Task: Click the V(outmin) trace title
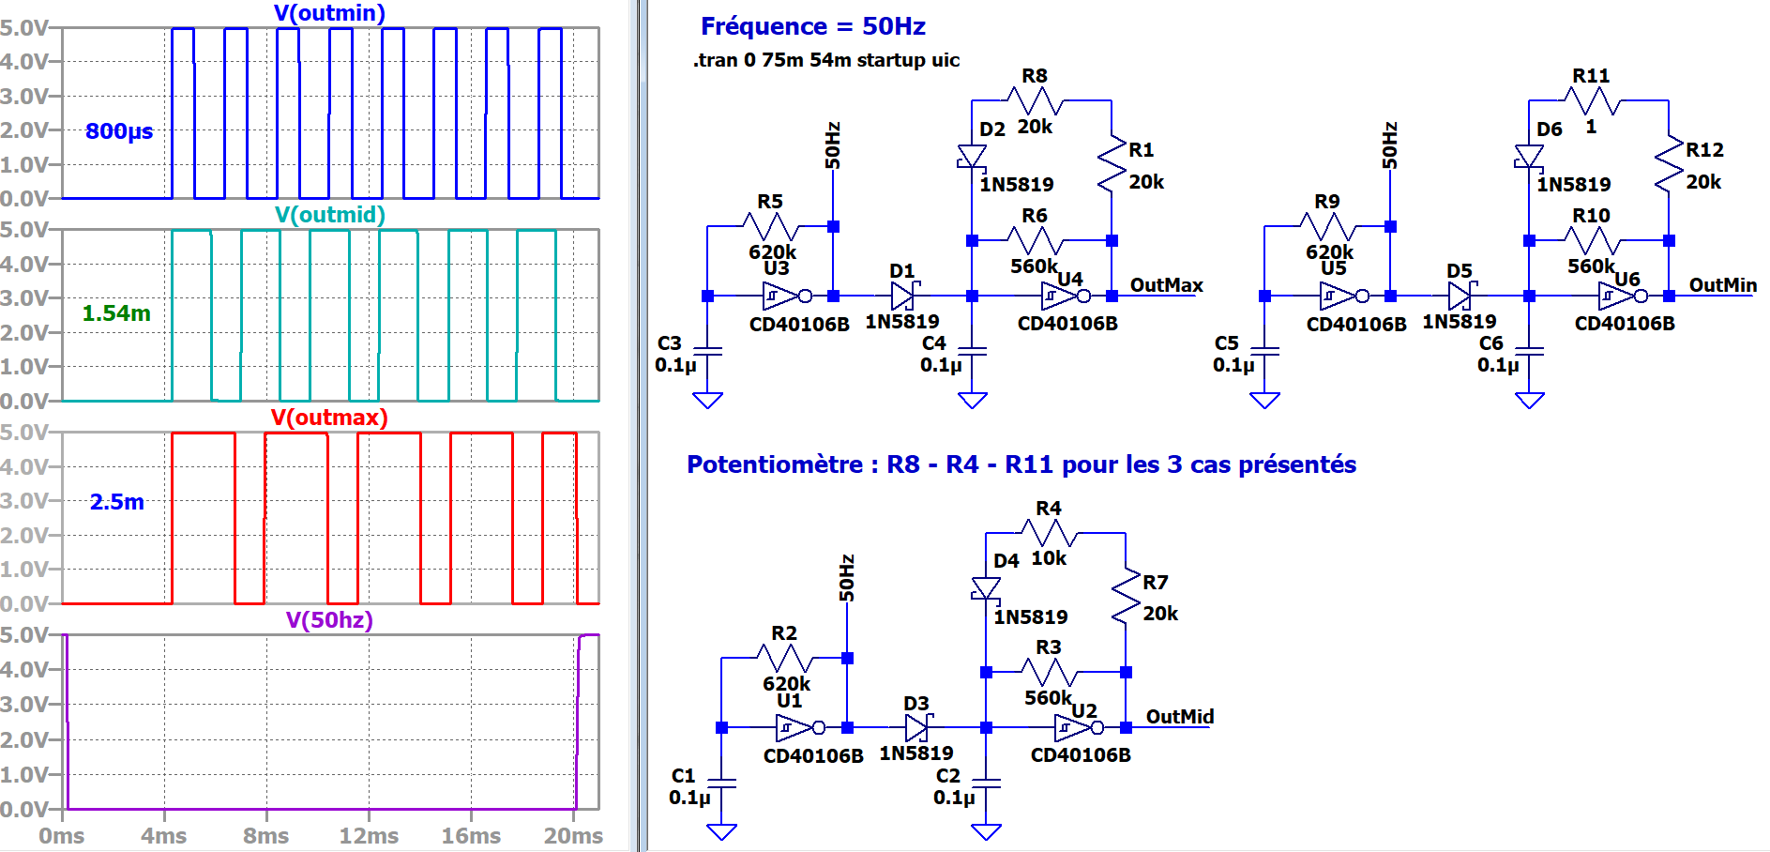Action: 329,13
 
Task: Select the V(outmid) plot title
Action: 329,215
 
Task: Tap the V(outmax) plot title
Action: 329,418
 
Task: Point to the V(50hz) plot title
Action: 329,620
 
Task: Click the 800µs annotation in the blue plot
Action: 119,131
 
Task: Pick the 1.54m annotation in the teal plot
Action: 116,313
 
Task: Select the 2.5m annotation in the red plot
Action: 117,502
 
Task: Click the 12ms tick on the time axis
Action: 369,836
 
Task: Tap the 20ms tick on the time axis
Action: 573,836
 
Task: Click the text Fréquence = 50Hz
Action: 812,26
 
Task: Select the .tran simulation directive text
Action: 825,60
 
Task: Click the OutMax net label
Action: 1166,285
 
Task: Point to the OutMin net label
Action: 1722,285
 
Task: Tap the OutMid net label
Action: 1179,717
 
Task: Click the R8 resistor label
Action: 1035,76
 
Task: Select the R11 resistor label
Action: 1591,76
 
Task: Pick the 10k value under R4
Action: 1049,558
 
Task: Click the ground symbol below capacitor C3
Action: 707,401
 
